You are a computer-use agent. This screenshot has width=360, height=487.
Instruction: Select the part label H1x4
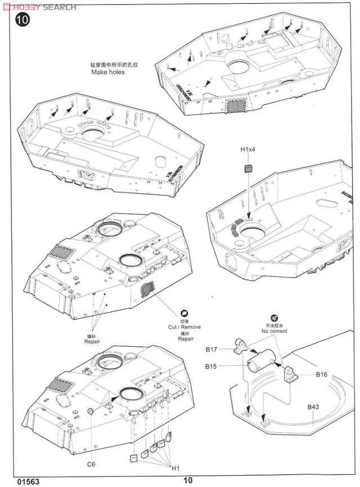(x=248, y=150)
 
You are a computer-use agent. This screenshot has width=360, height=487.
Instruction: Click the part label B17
(x=211, y=350)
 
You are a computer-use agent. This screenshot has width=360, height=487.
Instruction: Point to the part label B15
(x=211, y=366)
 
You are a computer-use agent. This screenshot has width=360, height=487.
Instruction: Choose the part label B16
(x=321, y=374)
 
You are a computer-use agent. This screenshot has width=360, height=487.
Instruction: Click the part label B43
(x=313, y=407)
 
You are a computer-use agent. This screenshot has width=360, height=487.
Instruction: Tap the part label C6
(x=92, y=448)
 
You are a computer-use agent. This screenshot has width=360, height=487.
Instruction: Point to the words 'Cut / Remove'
(x=184, y=327)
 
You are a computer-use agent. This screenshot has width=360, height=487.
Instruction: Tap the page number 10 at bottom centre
(x=187, y=480)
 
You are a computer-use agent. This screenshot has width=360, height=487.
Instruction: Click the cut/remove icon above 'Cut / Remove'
(x=184, y=314)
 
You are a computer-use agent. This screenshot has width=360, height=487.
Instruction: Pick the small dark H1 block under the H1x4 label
(x=247, y=168)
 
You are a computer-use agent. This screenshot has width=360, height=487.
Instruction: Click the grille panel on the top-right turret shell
(x=236, y=105)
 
